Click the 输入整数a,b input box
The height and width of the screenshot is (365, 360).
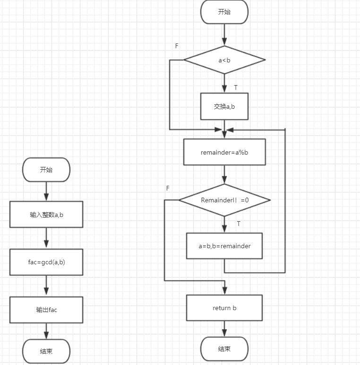pos(46,215)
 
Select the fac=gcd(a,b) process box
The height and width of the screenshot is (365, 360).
pos(46,262)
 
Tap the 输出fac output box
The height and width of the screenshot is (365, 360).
pos(46,310)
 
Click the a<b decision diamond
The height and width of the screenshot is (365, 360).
pos(224,60)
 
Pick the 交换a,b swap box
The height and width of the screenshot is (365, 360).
pos(224,106)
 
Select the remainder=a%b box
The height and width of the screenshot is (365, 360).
pos(224,152)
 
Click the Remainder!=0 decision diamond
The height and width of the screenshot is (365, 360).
pos(224,200)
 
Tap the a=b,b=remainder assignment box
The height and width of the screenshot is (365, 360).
pos(224,246)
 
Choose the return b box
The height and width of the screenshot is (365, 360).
pos(224,308)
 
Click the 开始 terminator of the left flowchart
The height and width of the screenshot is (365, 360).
pos(46,170)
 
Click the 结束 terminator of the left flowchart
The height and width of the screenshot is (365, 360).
pos(46,351)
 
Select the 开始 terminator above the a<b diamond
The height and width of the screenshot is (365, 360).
pos(224,12)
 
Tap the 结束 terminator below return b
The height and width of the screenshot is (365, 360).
pos(224,349)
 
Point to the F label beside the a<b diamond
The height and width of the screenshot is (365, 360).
pos(177,46)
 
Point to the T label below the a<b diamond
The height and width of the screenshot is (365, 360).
pos(236,87)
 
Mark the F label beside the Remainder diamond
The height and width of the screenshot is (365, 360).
pos(168,188)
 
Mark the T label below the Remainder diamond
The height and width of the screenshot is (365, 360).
pos(239,224)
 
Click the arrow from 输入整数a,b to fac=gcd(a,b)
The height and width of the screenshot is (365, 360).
pos(46,238)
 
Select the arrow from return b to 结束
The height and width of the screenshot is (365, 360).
pos(224,329)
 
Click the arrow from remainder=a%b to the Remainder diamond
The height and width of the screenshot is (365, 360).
pos(224,174)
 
